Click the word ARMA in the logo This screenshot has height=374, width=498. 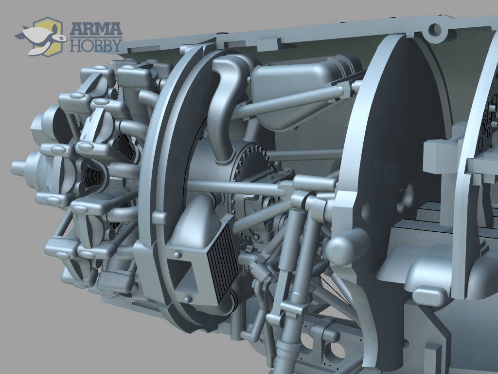click(96, 29)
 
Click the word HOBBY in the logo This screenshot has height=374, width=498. click(96, 45)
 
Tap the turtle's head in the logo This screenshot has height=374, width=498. click(59, 38)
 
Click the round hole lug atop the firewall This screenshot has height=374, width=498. click(435, 30)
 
